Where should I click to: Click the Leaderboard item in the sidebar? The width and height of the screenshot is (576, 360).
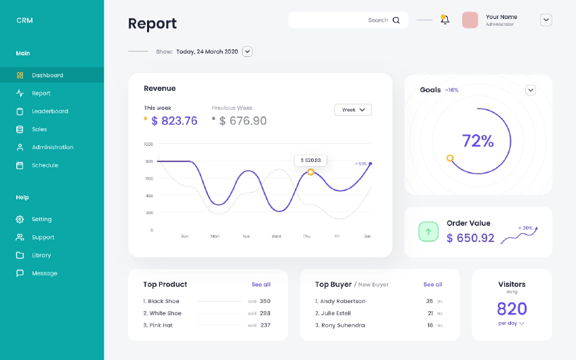point(49,111)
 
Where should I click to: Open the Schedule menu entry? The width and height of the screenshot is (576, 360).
point(45,165)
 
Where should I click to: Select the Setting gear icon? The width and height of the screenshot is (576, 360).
point(20,220)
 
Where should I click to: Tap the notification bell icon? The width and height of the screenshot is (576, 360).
point(445,20)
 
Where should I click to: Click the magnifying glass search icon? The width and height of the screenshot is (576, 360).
point(396,20)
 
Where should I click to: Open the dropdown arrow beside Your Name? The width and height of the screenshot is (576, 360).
point(546,20)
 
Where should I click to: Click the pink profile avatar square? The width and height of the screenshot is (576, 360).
point(470,20)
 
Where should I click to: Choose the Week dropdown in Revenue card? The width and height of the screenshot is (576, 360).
point(353,110)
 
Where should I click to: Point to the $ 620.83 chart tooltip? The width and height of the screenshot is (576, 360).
point(311,161)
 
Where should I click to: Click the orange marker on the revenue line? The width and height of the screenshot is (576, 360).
point(311,172)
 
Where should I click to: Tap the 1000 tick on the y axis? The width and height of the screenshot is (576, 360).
point(148,144)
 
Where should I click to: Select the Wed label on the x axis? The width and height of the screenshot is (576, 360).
point(276,237)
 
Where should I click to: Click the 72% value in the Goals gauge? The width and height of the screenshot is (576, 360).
point(478,141)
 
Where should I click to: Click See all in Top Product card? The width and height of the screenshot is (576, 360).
point(261,285)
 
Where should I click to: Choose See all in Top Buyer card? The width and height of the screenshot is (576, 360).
point(433,285)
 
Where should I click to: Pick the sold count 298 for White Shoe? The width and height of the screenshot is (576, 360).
point(265,313)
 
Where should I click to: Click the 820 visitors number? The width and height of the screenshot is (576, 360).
point(512,309)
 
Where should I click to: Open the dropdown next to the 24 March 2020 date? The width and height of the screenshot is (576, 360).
point(247,52)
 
